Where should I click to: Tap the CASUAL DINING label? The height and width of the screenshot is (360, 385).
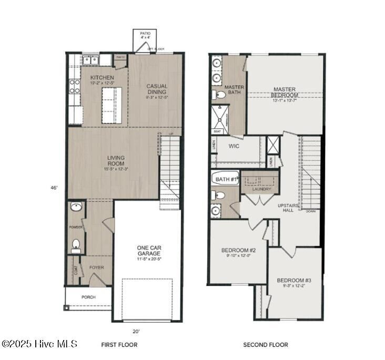tap(157, 89)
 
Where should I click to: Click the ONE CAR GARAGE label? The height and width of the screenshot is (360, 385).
tap(149, 250)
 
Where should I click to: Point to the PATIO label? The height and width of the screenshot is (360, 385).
tap(145, 33)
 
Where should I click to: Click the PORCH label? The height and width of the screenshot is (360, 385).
tap(88, 297)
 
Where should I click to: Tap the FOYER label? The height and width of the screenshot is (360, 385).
tap(96, 268)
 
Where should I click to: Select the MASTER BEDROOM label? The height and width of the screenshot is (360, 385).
tap(285, 92)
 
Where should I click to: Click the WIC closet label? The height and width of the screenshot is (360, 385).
tap(234, 146)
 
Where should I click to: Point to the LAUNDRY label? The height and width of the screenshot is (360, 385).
tap(261, 189)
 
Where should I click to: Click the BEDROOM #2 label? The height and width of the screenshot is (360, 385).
tap(238, 250)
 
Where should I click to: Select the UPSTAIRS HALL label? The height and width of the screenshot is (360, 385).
tap(288, 207)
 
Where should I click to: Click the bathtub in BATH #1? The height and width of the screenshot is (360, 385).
tap(226, 179)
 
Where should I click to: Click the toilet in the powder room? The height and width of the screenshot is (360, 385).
tap(76, 244)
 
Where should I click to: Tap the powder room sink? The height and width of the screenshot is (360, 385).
tap(76, 207)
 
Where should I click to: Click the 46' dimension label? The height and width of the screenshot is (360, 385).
tap(54, 187)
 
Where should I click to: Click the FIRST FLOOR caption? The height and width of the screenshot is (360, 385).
tap(119, 345)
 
